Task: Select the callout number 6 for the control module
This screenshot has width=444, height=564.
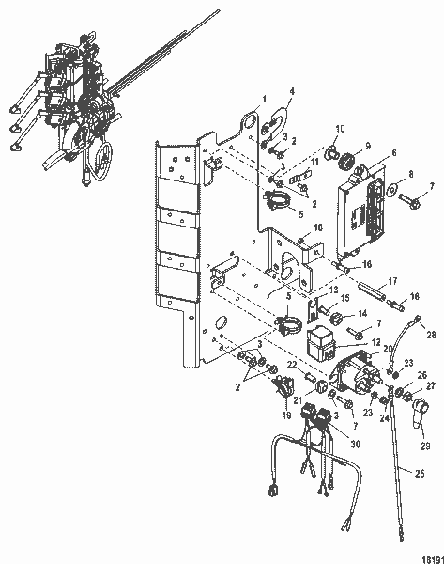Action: (367, 152)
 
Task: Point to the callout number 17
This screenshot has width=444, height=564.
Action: (393, 280)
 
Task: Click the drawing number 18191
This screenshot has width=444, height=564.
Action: (430, 556)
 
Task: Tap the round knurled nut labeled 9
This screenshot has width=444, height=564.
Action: (345, 161)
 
